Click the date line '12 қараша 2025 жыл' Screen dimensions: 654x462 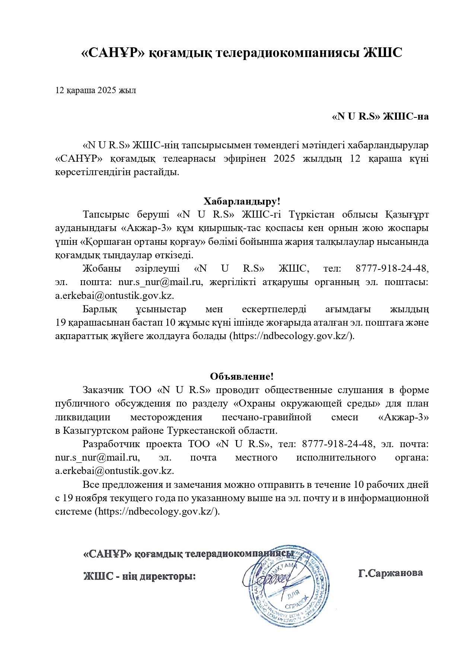(95, 91)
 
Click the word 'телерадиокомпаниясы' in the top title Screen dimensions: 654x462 (287, 53)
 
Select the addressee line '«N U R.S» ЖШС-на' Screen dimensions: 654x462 (380, 117)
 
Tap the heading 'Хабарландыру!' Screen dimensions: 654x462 (242, 202)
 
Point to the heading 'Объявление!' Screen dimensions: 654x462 (242, 376)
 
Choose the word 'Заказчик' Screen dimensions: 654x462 (103, 390)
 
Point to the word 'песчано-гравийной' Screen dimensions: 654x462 (267, 417)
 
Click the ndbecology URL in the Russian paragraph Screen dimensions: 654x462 (157, 512)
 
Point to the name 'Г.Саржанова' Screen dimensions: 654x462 (390, 573)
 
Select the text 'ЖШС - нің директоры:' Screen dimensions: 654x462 (139, 576)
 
